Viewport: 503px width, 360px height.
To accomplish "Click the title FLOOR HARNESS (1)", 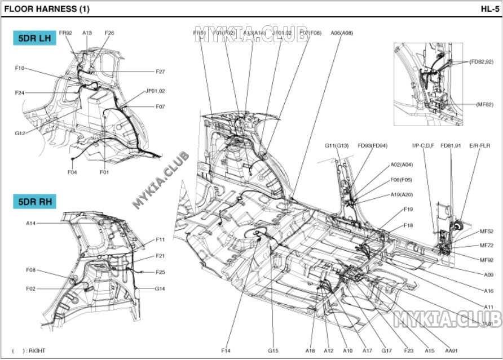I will point(46,9).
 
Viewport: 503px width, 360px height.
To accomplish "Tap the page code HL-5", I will point(488,9).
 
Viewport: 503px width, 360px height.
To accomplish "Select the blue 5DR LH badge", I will point(34,38).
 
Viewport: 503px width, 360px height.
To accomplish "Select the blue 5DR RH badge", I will point(35,201).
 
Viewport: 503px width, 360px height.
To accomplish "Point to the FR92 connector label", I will point(65,33).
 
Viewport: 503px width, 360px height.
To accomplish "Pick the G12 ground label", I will point(20,134).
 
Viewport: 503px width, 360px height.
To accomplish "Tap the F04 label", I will point(72,172).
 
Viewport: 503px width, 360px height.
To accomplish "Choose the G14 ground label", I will point(160,288).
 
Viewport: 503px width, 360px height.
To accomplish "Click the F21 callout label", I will point(160,256).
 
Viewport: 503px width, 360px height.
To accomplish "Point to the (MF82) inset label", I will point(485,104).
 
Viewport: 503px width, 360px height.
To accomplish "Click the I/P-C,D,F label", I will point(423,146).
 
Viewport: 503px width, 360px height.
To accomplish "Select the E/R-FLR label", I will point(480,146).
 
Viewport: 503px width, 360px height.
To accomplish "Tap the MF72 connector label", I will point(486,246).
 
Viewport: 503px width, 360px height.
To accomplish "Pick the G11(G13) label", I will point(337,146).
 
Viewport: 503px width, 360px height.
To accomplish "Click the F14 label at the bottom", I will point(226,350).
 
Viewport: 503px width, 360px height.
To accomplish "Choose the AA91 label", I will point(451,350).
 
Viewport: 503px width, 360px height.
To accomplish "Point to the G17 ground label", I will point(386,350).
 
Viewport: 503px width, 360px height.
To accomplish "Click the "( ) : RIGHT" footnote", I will point(29,350).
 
